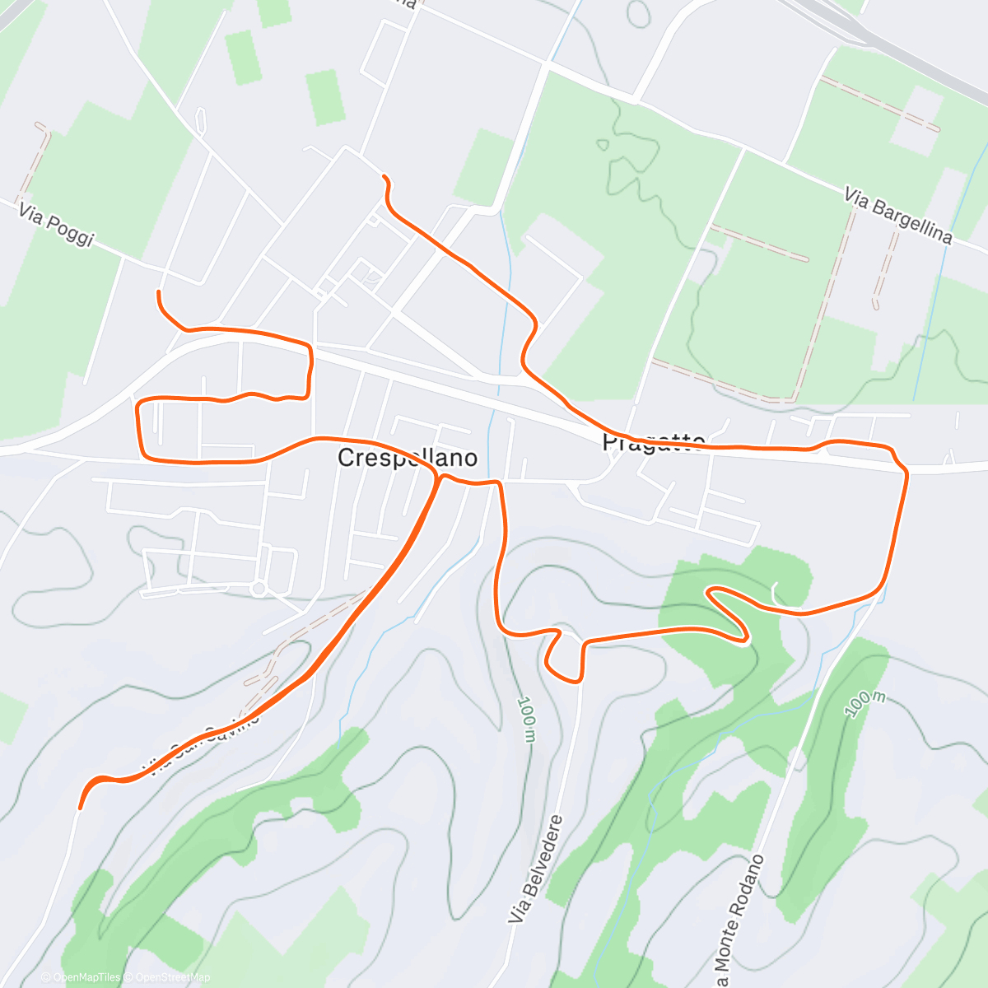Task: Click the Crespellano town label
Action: [x=407, y=458]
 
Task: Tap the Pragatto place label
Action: [x=653, y=442]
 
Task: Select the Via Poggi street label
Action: [x=57, y=226]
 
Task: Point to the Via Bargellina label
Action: [x=897, y=216]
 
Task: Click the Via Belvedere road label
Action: [x=536, y=868]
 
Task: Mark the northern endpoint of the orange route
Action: [x=384, y=176]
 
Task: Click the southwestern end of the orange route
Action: [x=80, y=808]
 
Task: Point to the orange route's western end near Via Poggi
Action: [x=158, y=292]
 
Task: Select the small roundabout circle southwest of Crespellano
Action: [x=259, y=588]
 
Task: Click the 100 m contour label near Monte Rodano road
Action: [x=864, y=702]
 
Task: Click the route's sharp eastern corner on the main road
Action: [x=905, y=470]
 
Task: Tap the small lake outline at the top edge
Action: [x=637, y=12]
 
